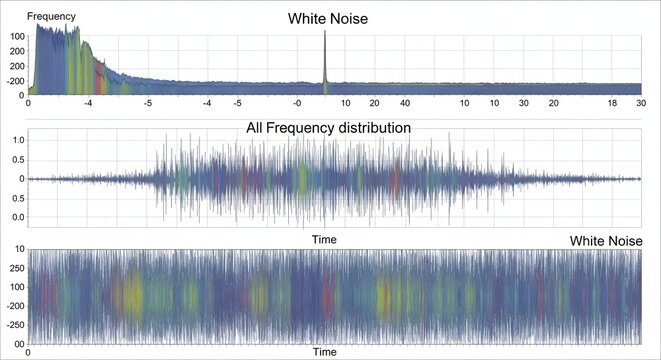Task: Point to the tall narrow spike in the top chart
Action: click(325, 60)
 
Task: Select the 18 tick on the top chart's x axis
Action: click(613, 102)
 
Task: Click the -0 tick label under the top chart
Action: click(297, 102)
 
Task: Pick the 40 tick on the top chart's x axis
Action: click(405, 102)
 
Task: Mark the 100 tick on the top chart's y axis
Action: click(17, 36)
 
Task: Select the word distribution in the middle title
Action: click(375, 127)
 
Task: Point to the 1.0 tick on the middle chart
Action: click(17, 139)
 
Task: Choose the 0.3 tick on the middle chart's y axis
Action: click(17, 216)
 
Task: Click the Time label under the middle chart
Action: click(324, 239)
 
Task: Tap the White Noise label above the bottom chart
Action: click(605, 241)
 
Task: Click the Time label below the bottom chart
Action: click(324, 352)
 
